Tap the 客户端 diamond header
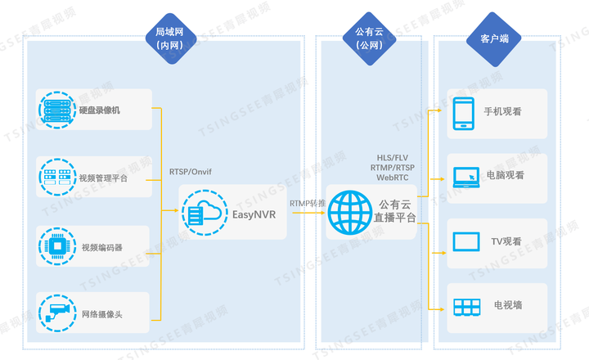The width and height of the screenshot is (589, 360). point(483,38)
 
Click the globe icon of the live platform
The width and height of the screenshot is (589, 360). point(349,212)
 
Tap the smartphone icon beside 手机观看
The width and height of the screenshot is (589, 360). point(465,114)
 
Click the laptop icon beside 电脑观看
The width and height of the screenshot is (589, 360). point(467,176)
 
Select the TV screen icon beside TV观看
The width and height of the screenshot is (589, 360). point(466,242)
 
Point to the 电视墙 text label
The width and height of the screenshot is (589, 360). point(507,306)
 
